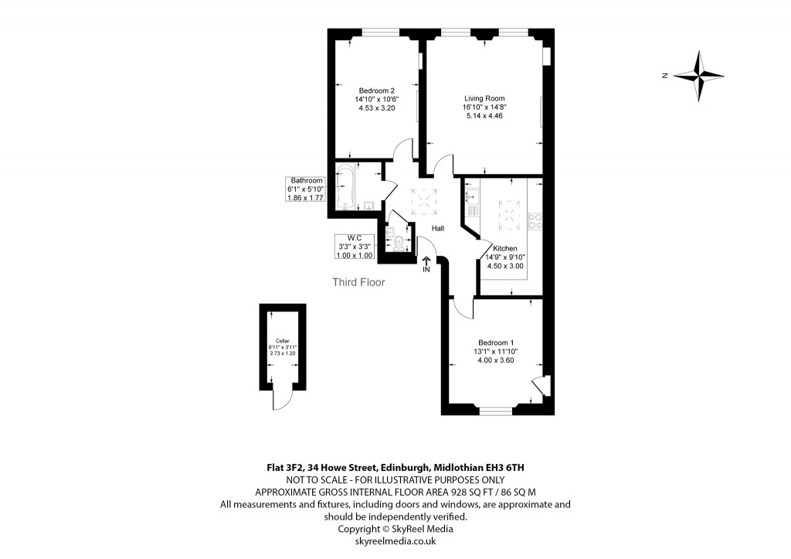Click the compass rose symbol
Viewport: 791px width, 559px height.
pos(699,76)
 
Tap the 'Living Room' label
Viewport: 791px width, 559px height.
pos(484,98)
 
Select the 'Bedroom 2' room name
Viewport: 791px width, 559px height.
pos(376,90)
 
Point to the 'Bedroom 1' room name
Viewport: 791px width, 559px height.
pos(496,343)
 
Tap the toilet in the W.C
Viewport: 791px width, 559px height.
pos(399,243)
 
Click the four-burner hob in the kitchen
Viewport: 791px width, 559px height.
pos(534,219)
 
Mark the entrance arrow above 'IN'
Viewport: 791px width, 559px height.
pos(426,261)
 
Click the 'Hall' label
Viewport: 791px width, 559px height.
pos(438,228)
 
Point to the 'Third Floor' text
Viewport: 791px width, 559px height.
pos(358,282)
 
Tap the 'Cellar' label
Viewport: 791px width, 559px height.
pos(282,341)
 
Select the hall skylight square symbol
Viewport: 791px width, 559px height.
pos(424,202)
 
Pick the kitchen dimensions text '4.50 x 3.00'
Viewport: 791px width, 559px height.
pos(505,266)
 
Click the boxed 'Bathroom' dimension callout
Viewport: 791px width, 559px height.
pos(306,189)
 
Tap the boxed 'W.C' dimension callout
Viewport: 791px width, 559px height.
pos(355,247)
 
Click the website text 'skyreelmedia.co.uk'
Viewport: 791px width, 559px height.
pos(395,541)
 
